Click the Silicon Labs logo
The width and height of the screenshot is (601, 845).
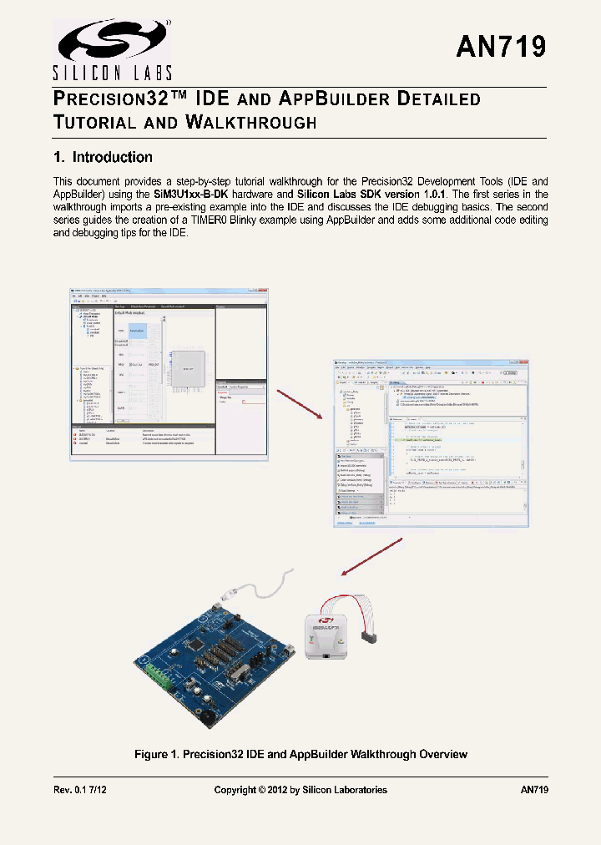114,48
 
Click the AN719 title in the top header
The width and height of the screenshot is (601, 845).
501,47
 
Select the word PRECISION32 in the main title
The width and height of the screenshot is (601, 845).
110,99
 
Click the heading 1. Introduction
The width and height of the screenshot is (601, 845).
103,157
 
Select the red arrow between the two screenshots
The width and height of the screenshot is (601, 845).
297,403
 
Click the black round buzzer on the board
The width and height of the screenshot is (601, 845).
204,716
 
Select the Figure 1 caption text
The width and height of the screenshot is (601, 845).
300,754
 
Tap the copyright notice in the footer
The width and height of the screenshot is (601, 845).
300,790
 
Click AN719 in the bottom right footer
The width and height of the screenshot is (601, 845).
533,790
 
